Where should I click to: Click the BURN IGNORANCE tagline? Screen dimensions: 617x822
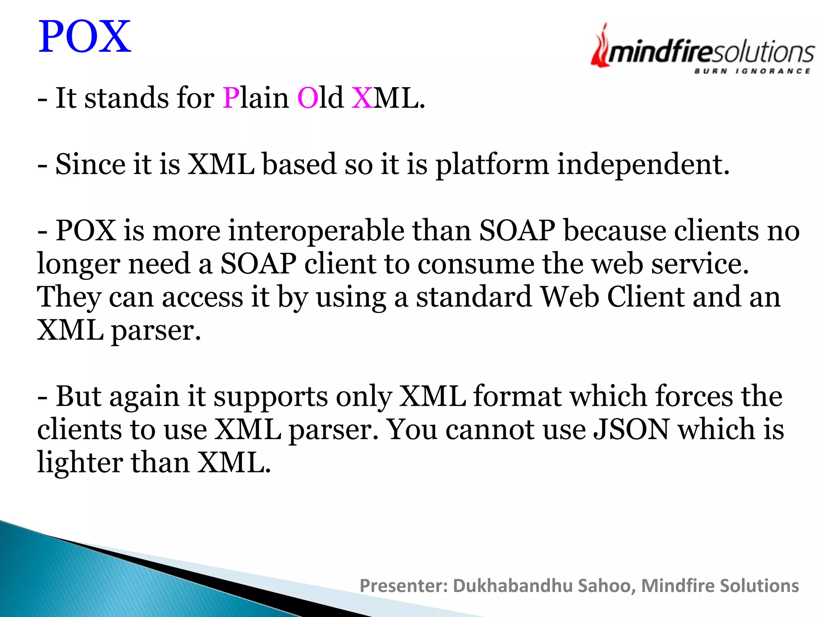(x=752, y=72)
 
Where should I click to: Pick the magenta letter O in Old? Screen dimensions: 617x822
(x=307, y=98)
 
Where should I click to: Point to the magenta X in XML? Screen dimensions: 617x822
(x=362, y=98)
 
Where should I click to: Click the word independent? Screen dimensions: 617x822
(x=643, y=164)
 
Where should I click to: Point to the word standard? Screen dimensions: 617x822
(x=474, y=297)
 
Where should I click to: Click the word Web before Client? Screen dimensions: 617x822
(x=570, y=297)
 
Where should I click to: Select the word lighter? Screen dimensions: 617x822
(x=80, y=463)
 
